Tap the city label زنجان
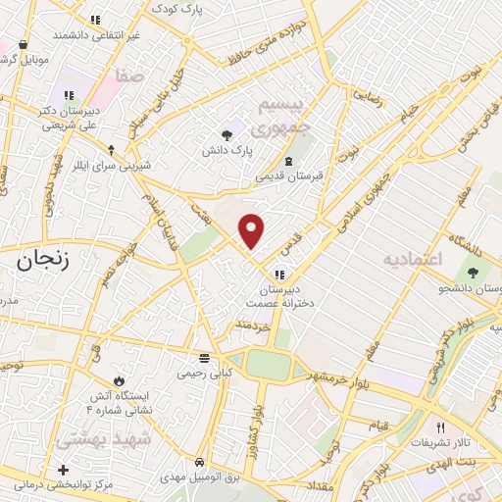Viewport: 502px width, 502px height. (x=44, y=260)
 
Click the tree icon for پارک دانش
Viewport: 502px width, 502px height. (x=227, y=135)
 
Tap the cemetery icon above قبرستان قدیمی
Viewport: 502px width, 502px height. (x=288, y=162)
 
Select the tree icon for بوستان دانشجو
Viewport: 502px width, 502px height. (x=473, y=272)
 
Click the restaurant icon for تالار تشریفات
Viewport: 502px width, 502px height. (x=440, y=427)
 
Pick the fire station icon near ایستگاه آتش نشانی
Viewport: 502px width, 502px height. (x=119, y=379)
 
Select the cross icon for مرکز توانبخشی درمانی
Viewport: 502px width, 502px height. (x=64, y=471)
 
